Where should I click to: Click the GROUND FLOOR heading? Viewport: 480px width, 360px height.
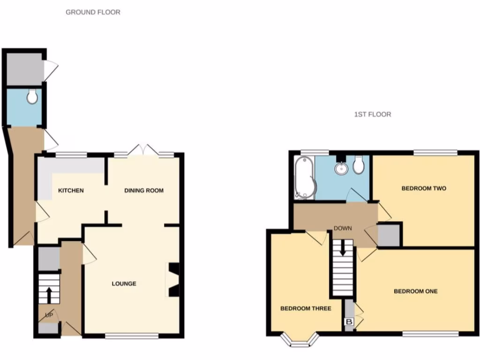[x=93, y=12]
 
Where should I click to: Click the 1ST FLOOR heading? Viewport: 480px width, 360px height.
[x=373, y=114]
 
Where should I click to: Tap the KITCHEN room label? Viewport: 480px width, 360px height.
[x=71, y=190]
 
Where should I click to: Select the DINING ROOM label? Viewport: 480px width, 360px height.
[x=144, y=190]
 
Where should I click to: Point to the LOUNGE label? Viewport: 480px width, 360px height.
[x=124, y=284]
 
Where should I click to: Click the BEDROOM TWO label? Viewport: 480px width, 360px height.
[x=424, y=188]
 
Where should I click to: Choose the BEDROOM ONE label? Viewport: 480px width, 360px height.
[x=415, y=291]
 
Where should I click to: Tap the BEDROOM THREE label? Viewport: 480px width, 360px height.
[x=306, y=308]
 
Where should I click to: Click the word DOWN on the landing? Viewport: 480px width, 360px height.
[x=343, y=229]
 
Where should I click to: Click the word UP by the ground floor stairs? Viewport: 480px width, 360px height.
[x=49, y=315]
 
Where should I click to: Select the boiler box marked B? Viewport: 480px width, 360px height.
[x=349, y=322]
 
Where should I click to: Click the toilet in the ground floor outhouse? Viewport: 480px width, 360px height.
[x=32, y=97]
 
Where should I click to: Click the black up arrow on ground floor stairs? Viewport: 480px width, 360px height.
[x=49, y=295]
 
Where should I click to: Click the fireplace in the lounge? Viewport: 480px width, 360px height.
[x=173, y=281]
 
